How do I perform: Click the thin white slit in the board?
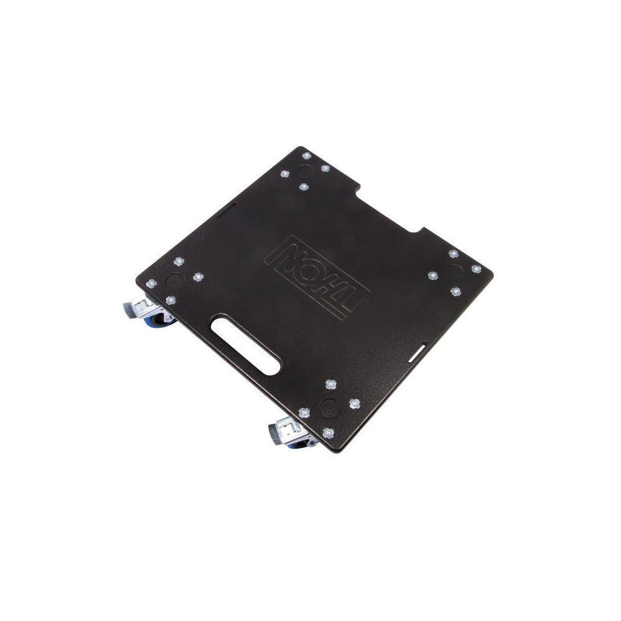[x=418, y=351]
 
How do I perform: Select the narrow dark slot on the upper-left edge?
[x=227, y=209]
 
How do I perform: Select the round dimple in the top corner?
[x=306, y=171]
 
